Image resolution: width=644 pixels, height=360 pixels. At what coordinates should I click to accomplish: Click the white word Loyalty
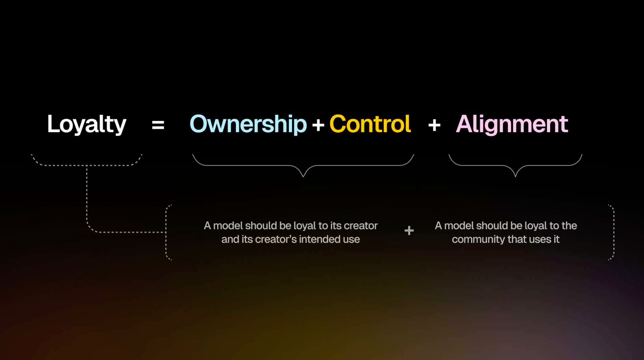[x=87, y=124]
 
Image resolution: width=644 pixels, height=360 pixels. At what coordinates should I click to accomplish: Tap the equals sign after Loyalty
[x=158, y=125]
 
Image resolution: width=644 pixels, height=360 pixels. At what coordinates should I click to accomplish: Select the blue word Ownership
[x=248, y=124]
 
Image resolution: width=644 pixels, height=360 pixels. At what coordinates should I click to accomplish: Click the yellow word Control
[x=370, y=124]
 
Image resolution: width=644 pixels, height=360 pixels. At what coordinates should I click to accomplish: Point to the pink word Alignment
[x=512, y=124]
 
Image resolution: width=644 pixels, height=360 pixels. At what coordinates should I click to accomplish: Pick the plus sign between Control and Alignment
[x=434, y=125]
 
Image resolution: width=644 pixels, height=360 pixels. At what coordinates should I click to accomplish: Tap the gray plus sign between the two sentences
[x=409, y=230]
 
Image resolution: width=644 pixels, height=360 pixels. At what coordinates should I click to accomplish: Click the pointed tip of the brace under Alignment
[x=515, y=176]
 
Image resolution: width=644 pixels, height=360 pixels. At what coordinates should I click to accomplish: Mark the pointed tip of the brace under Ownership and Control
[x=303, y=176]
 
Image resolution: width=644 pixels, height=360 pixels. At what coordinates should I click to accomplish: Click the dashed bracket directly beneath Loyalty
[x=87, y=165]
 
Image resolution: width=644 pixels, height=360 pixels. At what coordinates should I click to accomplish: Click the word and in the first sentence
[x=229, y=239]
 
